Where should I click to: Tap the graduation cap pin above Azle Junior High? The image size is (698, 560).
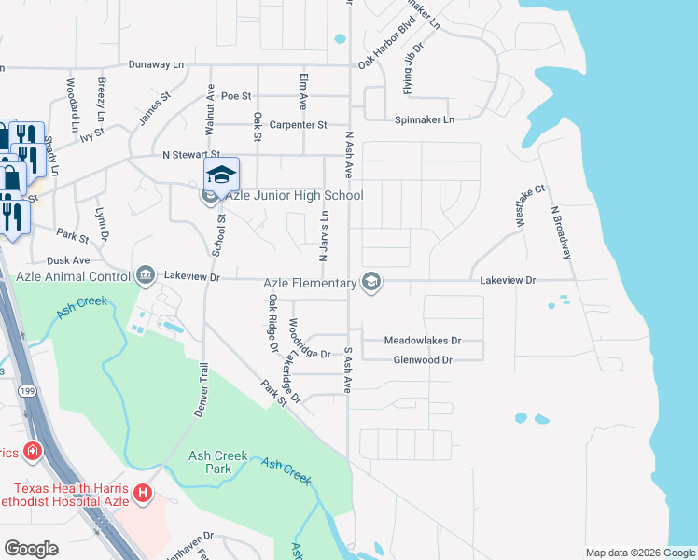click(222, 175)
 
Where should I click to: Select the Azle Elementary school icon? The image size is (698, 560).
click(371, 283)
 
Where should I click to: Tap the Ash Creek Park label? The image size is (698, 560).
click(218, 462)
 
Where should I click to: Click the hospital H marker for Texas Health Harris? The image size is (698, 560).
click(143, 492)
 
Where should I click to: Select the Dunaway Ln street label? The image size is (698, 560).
click(154, 64)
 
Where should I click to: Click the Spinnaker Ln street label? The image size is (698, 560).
click(424, 120)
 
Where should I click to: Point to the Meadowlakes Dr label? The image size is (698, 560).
click(423, 342)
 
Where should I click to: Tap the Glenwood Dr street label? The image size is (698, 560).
click(423, 359)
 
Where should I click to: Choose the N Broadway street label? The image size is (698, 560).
click(562, 232)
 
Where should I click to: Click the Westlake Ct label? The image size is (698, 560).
click(524, 205)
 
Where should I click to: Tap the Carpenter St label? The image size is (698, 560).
click(298, 125)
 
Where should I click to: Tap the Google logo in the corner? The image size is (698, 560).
click(32, 548)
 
